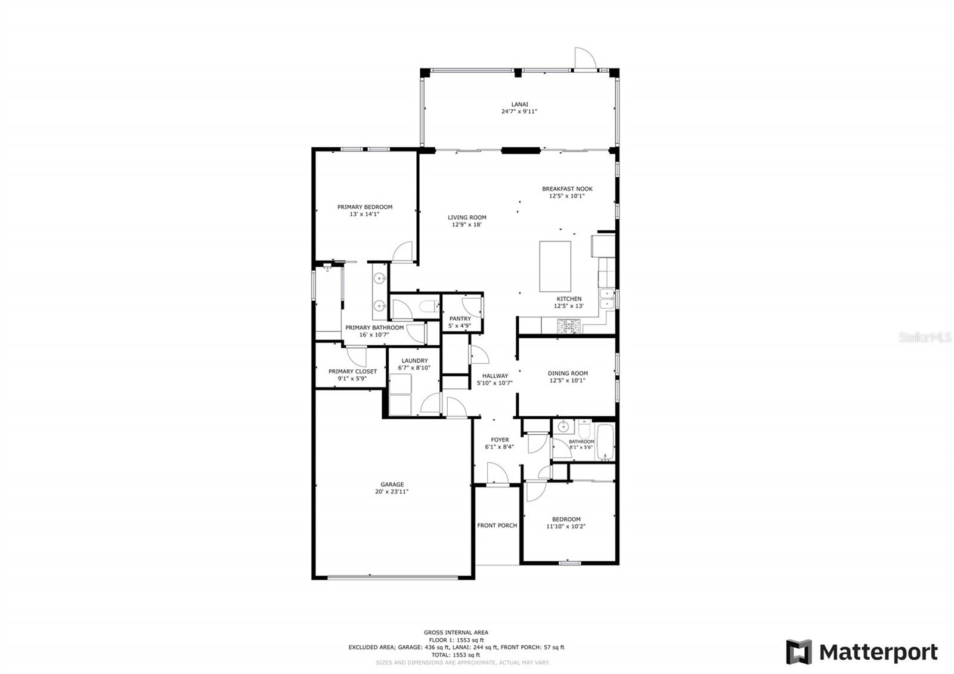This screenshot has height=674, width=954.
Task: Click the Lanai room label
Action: (x=519, y=104)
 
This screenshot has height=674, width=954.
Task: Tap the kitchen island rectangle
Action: (x=555, y=266)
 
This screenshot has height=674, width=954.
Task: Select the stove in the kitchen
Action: (x=568, y=326)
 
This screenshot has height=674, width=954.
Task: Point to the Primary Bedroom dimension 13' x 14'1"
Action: (x=364, y=214)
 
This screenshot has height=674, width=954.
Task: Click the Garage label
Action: (x=392, y=484)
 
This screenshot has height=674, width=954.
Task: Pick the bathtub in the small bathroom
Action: (x=605, y=442)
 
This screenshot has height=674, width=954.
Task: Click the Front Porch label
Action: (x=497, y=525)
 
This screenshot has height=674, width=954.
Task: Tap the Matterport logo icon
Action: (x=799, y=652)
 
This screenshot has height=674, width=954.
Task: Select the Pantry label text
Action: (x=460, y=319)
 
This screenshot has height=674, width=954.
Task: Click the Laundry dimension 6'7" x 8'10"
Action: (x=414, y=367)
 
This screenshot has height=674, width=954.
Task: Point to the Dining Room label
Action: (x=568, y=373)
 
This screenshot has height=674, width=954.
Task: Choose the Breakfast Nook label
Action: (x=567, y=188)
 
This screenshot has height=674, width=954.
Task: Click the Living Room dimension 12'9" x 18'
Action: (x=466, y=224)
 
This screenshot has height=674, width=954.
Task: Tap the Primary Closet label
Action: (x=352, y=372)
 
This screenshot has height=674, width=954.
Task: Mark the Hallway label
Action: (x=495, y=376)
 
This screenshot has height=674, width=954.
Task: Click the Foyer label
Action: (x=500, y=440)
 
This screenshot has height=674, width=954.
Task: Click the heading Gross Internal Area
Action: (x=456, y=632)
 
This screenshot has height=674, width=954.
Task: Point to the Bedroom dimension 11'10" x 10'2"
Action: (x=566, y=526)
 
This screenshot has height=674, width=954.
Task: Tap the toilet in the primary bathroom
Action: (x=429, y=306)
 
